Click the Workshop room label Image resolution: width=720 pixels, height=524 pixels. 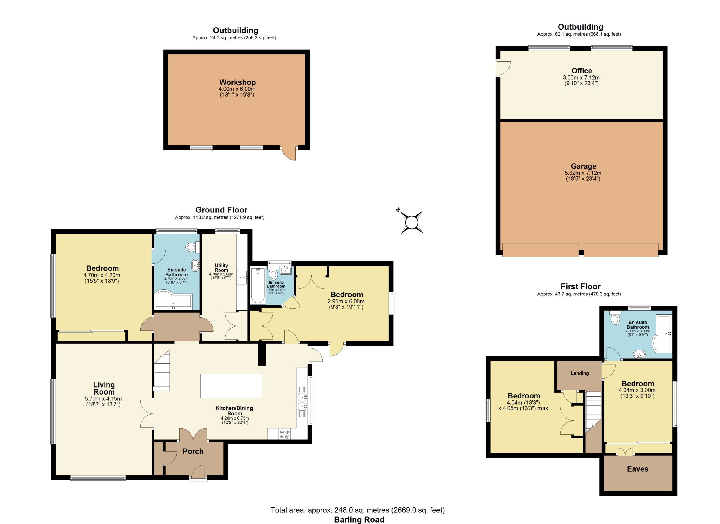click(x=237, y=82)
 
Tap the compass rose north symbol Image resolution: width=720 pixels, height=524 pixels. click(x=411, y=222)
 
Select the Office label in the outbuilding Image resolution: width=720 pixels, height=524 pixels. click(x=582, y=71)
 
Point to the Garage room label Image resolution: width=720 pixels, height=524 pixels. click(x=584, y=166)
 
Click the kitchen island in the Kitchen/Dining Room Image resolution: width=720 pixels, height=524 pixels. click(x=231, y=386)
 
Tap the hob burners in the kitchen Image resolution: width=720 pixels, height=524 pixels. click(x=284, y=434)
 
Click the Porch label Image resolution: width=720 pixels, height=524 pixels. click(x=193, y=451)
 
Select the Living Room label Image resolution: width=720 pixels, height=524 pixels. click(x=104, y=388)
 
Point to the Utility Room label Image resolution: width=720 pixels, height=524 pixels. click(x=221, y=268)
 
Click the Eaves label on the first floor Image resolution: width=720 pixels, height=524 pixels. click(x=638, y=469)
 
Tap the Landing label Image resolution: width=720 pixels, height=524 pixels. click(x=580, y=373)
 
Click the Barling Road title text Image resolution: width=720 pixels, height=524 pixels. click(x=359, y=519)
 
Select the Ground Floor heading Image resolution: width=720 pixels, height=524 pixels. click(x=221, y=210)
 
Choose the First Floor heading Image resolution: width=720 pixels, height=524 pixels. click(x=580, y=286)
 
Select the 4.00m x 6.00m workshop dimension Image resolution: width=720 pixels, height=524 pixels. click(x=237, y=89)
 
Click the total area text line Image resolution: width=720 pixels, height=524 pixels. click(x=357, y=510)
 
